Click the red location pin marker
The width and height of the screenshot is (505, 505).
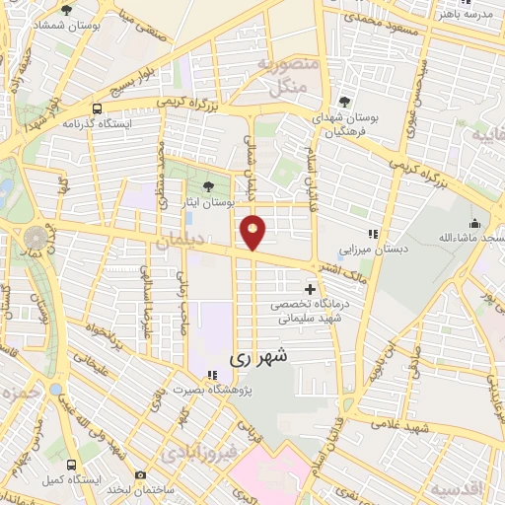click(253, 232)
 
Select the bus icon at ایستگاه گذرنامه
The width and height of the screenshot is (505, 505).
click(97, 109)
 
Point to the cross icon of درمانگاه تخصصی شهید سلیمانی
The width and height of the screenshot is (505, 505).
click(312, 290)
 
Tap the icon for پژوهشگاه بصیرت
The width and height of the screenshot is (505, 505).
click(211, 375)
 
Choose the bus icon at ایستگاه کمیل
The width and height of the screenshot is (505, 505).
click(71, 464)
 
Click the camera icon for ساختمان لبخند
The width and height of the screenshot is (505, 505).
click(142, 475)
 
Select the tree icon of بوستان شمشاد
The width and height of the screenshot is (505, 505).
click(66, 10)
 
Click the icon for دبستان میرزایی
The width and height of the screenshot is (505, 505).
click(373, 235)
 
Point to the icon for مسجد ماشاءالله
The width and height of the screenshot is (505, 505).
click(474, 223)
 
